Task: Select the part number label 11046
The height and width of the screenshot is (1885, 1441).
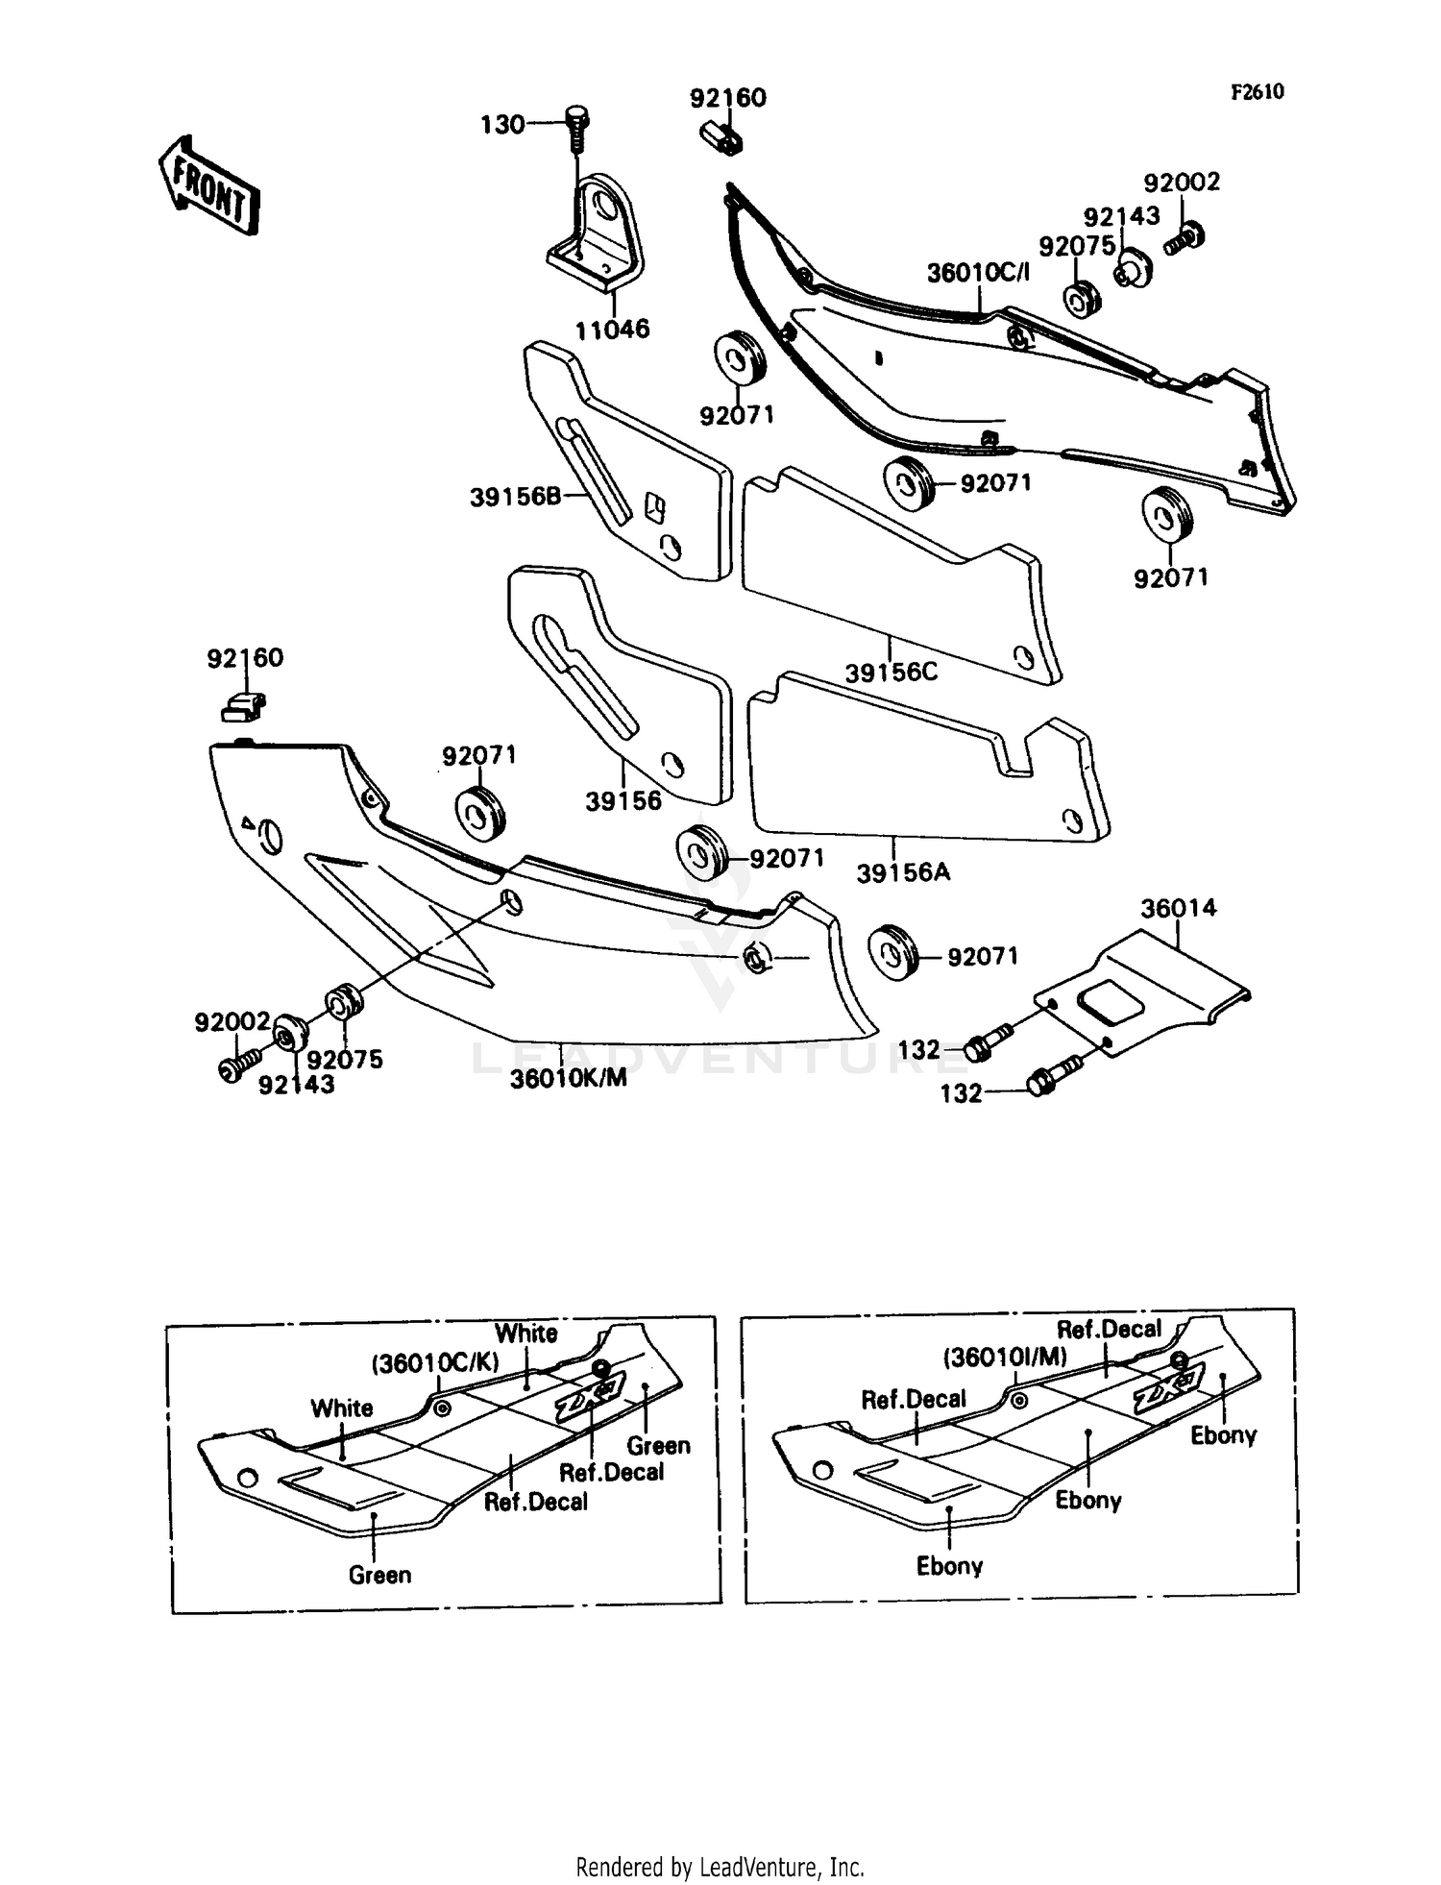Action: pyautogui.click(x=612, y=330)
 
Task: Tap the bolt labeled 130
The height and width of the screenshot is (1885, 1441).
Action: pyautogui.click(x=576, y=126)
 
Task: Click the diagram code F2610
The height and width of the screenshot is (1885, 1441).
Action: pyautogui.click(x=1258, y=92)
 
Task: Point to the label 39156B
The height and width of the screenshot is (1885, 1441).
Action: pyautogui.click(x=515, y=497)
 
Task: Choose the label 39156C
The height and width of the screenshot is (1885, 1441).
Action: pyautogui.click(x=891, y=672)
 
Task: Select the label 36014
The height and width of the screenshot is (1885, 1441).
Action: pyautogui.click(x=1178, y=908)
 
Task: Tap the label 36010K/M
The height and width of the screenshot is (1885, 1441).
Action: pyautogui.click(x=568, y=1078)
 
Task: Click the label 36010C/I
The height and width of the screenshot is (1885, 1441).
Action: pyautogui.click(x=977, y=273)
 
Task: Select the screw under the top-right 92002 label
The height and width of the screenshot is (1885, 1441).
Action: pyautogui.click(x=1185, y=236)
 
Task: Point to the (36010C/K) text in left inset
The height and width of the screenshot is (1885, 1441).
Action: pyautogui.click(x=435, y=1364)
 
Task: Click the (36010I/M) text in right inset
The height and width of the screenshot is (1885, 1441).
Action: pyautogui.click(x=1004, y=1358)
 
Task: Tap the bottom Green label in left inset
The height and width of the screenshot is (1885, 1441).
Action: pyautogui.click(x=379, y=1575)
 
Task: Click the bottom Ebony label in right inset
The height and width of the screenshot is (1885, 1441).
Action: pyautogui.click(x=949, y=1566)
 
